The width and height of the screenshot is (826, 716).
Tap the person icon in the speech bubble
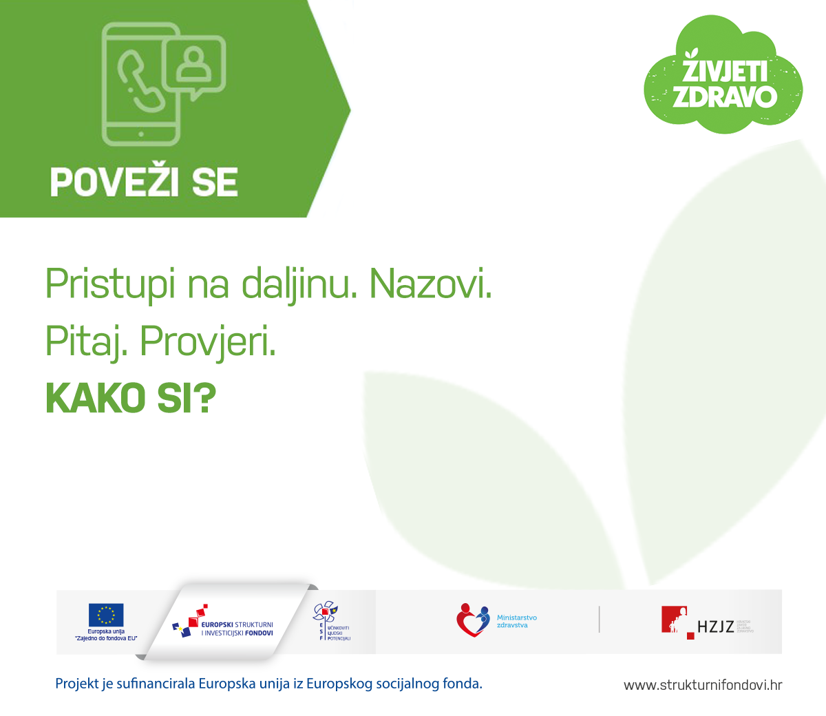195,63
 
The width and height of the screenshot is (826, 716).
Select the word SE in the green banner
214,182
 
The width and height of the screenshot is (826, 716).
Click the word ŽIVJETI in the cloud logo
724,72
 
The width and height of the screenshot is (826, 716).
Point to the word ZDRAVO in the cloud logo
724,96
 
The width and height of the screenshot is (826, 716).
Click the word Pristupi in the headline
110,284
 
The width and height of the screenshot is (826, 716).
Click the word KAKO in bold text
96,398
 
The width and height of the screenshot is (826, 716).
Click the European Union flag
106,615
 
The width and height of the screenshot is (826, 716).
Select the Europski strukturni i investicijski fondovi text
237,629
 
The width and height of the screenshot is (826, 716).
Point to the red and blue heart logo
472,620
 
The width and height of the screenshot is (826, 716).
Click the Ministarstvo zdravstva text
517,621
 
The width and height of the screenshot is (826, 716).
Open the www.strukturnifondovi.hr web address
703,685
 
